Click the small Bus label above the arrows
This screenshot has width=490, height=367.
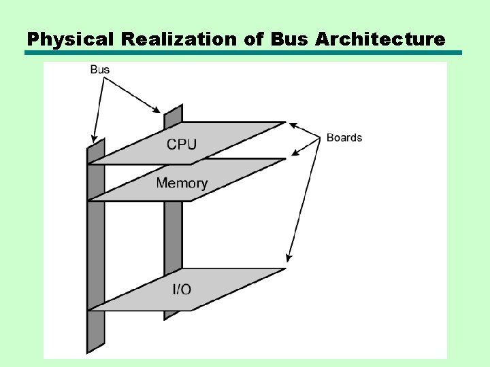99,69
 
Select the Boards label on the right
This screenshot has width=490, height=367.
344,137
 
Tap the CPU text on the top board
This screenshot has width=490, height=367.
182,144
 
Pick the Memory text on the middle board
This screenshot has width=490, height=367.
182,183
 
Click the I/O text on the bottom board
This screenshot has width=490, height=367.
182,290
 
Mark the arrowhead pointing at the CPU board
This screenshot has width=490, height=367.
293,124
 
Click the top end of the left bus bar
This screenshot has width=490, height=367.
96,143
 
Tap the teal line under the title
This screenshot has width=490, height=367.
244,52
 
